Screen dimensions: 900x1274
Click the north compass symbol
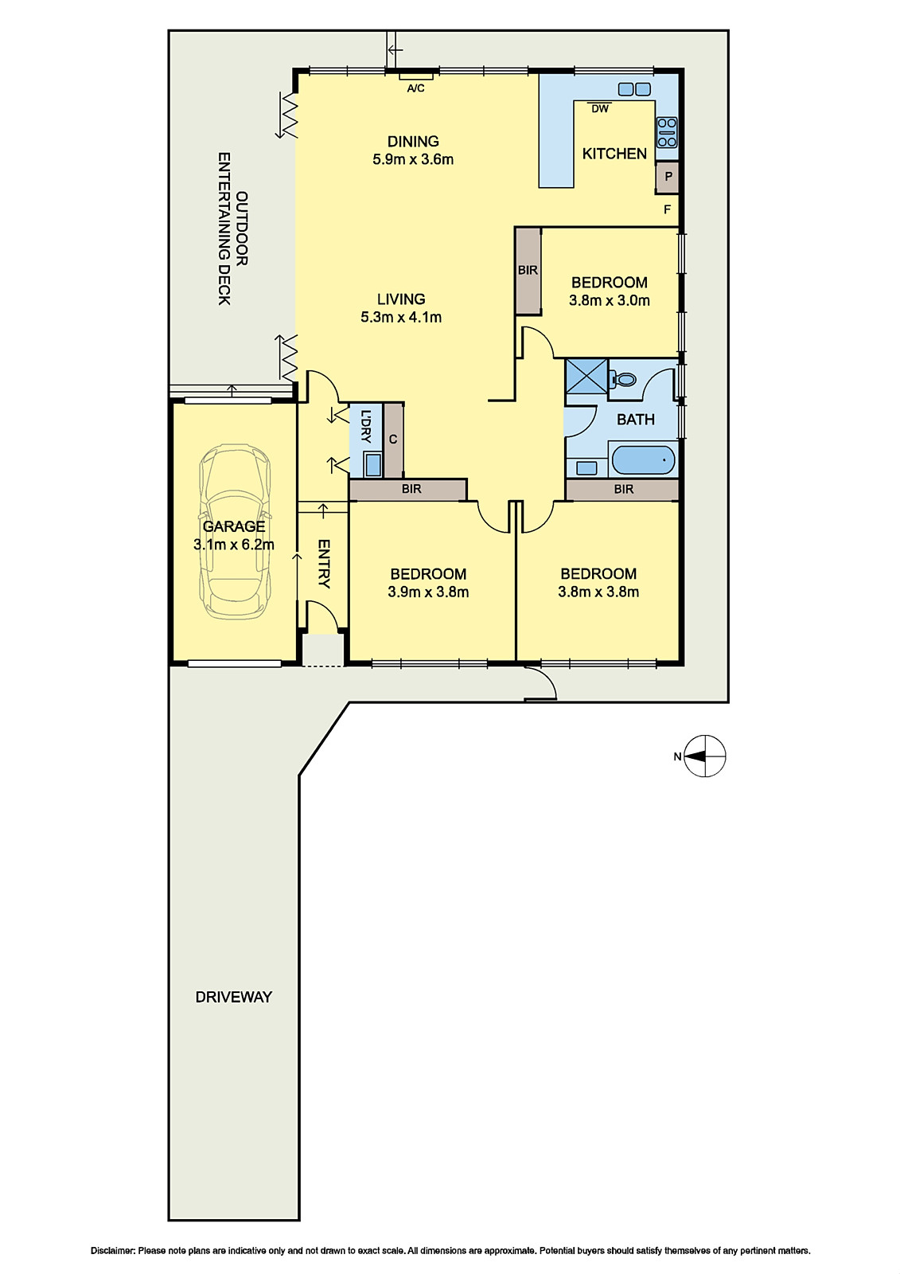pyautogui.click(x=704, y=756)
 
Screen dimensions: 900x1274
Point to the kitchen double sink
pyautogui.click(x=634, y=89)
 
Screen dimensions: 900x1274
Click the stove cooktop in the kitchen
pyautogui.click(x=667, y=132)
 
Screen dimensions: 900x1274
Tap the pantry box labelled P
pyautogui.click(x=668, y=176)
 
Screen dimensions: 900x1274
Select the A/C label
pyautogui.click(x=415, y=88)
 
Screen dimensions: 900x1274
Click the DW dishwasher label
pyautogui.click(x=600, y=108)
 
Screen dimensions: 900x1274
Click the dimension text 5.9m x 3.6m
pyautogui.click(x=413, y=160)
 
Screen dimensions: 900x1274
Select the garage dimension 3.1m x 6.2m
pyautogui.click(x=234, y=545)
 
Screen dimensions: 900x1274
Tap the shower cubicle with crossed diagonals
pyautogui.click(x=586, y=376)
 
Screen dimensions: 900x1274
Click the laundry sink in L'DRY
pyautogui.click(x=373, y=465)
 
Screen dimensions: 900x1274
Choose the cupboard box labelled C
pyautogui.click(x=393, y=440)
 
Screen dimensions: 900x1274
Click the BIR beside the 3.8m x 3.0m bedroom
pyautogui.click(x=528, y=271)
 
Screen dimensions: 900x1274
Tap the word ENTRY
pyautogui.click(x=324, y=564)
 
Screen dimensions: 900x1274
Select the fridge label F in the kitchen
pyautogui.click(x=668, y=210)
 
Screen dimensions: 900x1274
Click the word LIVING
pyautogui.click(x=401, y=299)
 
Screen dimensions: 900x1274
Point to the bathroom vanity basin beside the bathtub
pyautogui.click(x=586, y=467)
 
